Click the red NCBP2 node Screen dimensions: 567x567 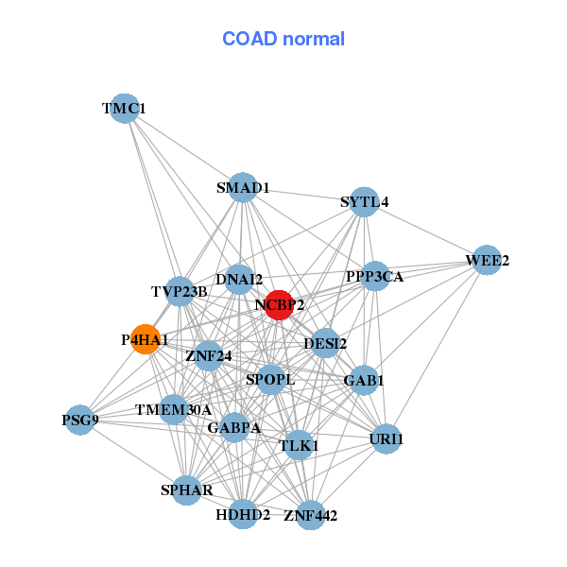278,304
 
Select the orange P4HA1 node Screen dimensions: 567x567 145,339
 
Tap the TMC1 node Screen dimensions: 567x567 124,109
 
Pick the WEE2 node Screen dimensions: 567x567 486,260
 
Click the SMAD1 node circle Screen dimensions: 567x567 243,187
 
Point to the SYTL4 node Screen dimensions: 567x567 364,201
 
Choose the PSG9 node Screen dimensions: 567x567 80,420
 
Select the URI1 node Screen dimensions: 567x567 386,438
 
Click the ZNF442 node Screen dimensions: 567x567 310,515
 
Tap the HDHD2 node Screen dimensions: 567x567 243,514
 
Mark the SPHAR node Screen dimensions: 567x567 186,490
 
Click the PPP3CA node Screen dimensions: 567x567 375,277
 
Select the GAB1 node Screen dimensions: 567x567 364,380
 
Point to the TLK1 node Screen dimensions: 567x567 299,444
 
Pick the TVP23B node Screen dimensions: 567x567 180,291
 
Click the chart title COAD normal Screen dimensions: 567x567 283,39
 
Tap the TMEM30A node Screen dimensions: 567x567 173,409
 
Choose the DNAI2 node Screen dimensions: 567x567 239,279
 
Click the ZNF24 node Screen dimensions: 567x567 209,356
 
